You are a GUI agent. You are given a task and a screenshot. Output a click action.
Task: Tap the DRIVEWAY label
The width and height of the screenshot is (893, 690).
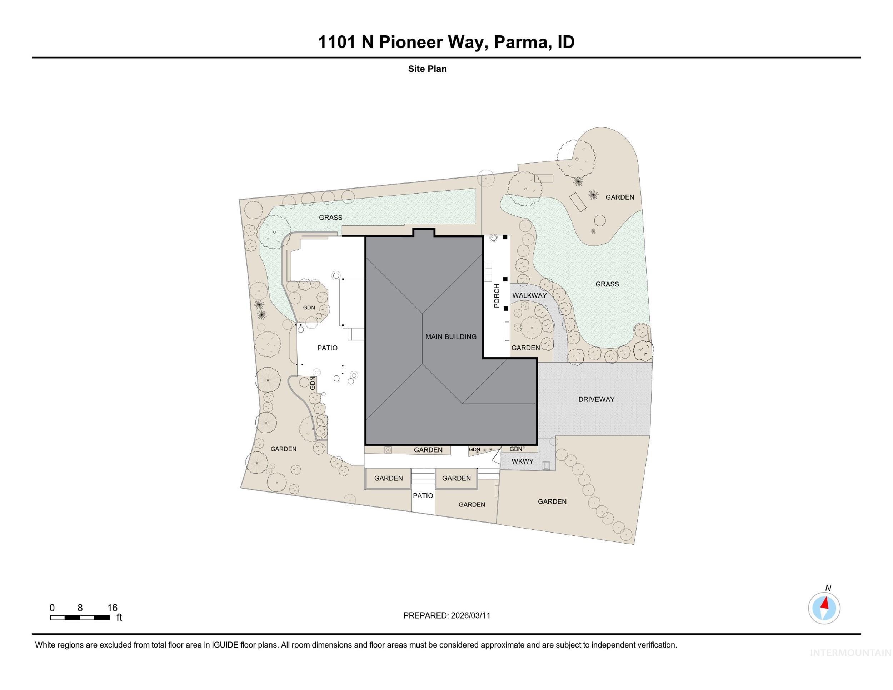point(596,399)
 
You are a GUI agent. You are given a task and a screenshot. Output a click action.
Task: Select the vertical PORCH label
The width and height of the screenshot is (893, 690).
point(497,296)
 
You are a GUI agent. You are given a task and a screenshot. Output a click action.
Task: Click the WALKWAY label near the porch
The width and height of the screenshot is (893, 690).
point(529,295)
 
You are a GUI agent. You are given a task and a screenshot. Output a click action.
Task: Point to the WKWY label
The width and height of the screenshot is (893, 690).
point(522,461)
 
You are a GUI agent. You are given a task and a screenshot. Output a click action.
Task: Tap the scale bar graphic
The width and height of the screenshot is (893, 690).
point(80,617)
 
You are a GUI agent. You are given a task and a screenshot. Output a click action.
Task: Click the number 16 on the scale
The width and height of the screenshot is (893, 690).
point(112,608)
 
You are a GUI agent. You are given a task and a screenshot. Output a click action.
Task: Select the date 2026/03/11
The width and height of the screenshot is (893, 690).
point(470,616)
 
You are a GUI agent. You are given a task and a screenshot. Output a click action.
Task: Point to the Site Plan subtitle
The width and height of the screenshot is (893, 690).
point(427,69)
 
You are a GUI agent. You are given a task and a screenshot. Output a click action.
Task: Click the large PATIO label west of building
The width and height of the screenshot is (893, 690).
point(327,348)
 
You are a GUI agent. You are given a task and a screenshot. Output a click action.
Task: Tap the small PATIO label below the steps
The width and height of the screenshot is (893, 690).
point(423,495)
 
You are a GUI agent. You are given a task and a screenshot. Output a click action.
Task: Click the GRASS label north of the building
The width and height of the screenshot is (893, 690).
point(330,217)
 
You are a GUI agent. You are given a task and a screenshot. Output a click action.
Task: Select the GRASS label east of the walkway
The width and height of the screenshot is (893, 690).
point(607,284)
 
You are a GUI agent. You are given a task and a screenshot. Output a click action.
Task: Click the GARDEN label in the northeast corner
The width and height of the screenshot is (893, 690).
point(619,197)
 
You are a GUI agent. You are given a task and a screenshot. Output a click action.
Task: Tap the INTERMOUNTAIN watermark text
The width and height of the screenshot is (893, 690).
point(850,653)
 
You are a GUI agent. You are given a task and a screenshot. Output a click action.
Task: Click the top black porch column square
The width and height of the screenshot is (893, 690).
point(505,237)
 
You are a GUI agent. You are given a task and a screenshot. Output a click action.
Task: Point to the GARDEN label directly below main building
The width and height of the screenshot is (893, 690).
point(428,450)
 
